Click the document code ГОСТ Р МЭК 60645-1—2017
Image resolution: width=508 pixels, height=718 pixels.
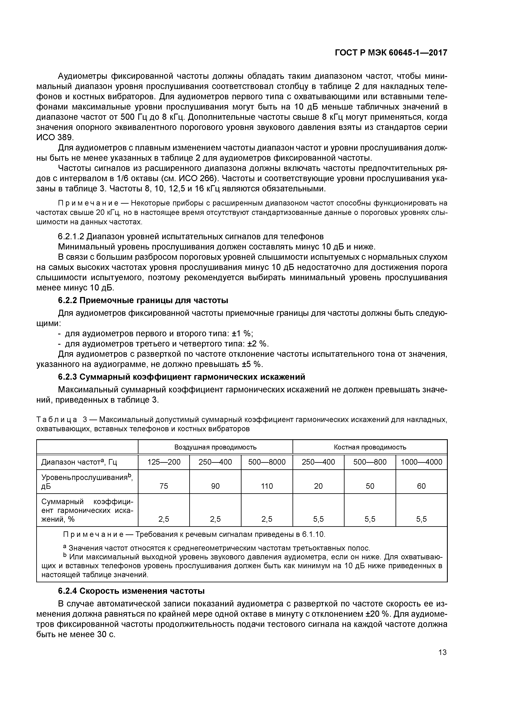[x=391, y=53]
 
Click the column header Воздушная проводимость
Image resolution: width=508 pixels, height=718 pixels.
[x=215, y=447]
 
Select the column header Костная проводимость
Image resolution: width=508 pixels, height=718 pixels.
[x=370, y=447]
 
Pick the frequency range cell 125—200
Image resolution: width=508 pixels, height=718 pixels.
[x=164, y=462]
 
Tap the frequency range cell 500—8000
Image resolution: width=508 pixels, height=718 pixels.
[x=267, y=462]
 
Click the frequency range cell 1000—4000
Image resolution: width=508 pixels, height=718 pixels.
[x=421, y=462]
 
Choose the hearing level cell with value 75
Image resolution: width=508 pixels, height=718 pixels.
[x=164, y=486]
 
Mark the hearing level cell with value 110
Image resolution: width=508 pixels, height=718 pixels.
[x=267, y=486]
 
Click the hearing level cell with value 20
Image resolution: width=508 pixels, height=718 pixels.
[x=318, y=486]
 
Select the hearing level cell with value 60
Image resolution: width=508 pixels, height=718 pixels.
[x=421, y=486]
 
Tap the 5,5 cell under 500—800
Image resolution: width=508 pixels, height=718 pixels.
[x=370, y=519]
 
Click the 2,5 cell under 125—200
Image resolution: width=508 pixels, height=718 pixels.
[x=164, y=519]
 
